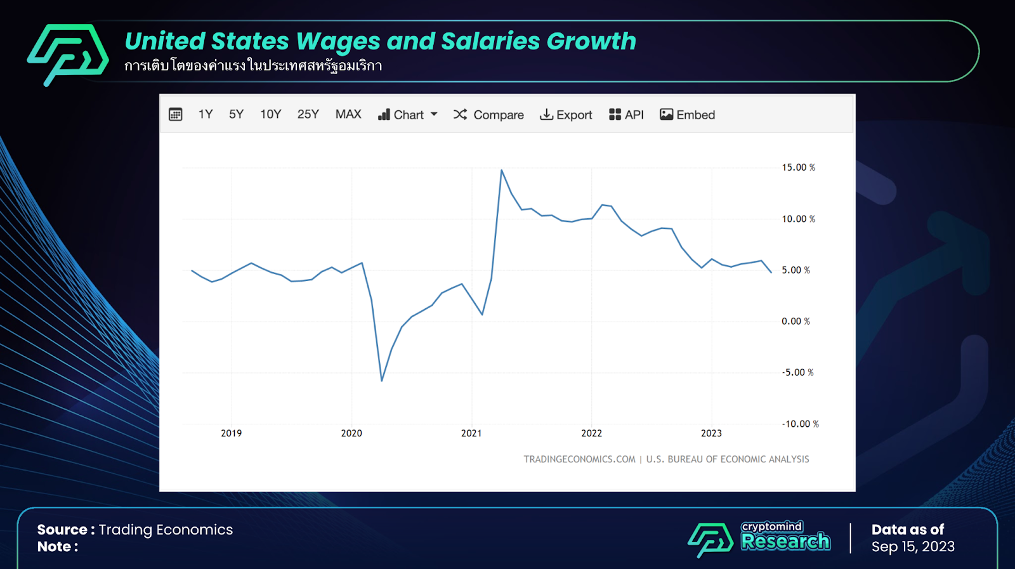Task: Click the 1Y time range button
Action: pyautogui.click(x=205, y=114)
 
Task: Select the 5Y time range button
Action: pyautogui.click(x=236, y=114)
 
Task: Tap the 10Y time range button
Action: pyautogui.click(x=270, y=114)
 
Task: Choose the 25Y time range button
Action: pyautogui.click(x=308, y=114)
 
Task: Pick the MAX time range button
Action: pyautogui.click(x=348, y=114)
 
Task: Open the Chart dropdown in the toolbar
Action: pyautogui.click(x=407, y=115)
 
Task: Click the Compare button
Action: pyautogui.click(x=488, y=115)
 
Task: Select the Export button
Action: pyautogui.click(x=566, y=115)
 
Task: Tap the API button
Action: pyautogui.click(x=626, y=115)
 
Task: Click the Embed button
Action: pyautogui.click(x=688, y=115)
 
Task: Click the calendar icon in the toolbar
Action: pyautogui.click(x=176, y=114)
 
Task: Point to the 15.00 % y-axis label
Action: pyautogui.click(x=798, y=167)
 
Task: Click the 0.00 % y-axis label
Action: pyautogui.click(x=796, y=322)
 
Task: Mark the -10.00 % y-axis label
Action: pyautogui.click(x=800, y=424)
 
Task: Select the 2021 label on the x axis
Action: pyautogui.click(x=471, y=433)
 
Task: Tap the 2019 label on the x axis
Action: pyautogui.click(x=232, y=433)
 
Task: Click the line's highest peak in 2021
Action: pyautogui.click(x=501, y=170)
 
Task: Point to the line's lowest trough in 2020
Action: pyautogui.click(x=382, y=381)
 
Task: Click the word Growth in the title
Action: pyautogui.click(x=591, y=41)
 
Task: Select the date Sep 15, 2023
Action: pyautogui.click(x=913, y=547)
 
